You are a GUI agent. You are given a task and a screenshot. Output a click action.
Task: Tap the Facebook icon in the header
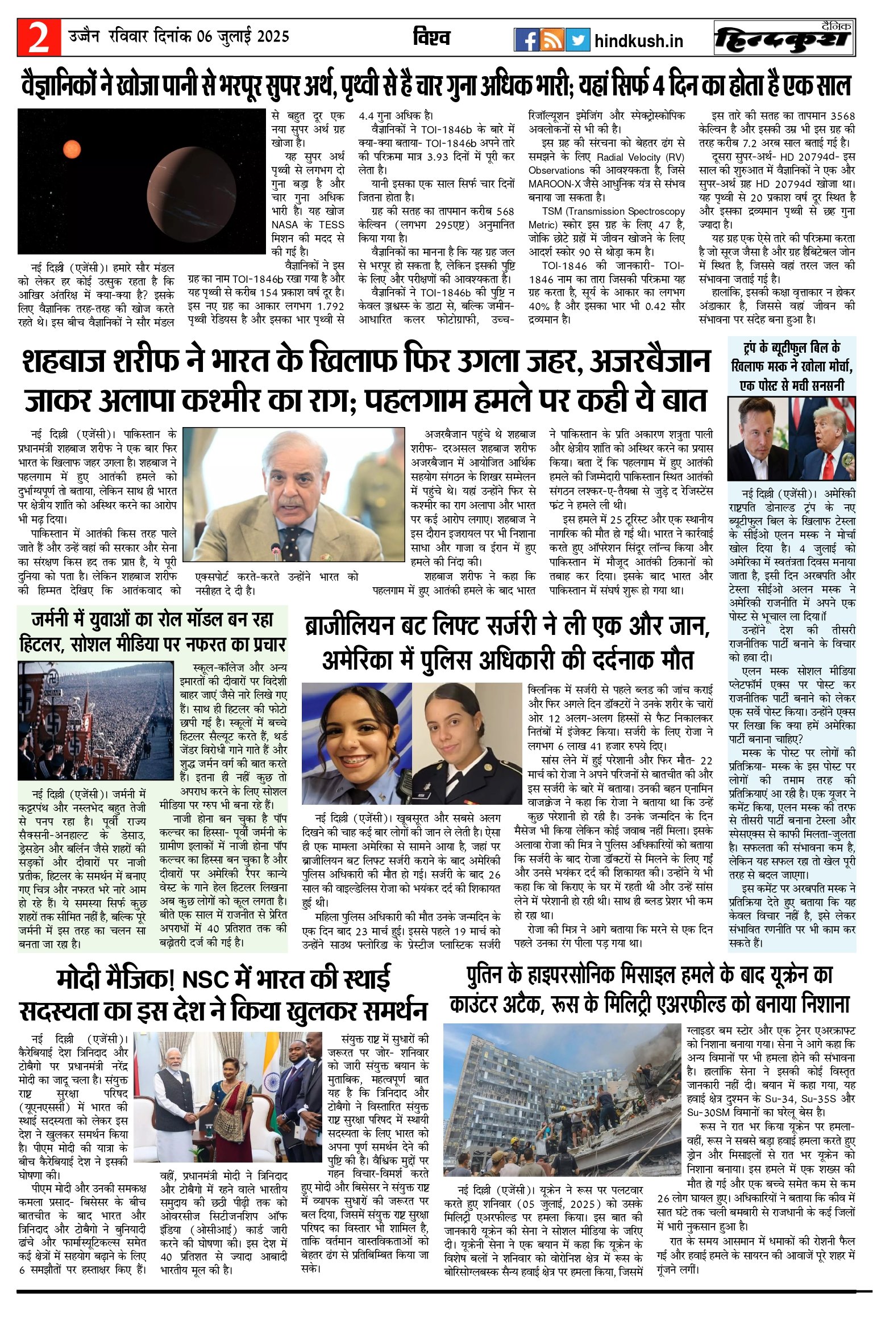tap(526, 40)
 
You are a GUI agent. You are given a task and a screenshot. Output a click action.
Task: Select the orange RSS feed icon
tap(551, 40)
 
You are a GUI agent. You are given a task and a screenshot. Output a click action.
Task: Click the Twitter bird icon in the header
tap(577, 40)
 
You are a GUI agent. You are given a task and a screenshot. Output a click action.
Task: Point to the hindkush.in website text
tap(638, 41)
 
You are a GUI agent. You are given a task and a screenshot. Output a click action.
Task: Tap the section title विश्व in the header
tap(431, 38)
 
